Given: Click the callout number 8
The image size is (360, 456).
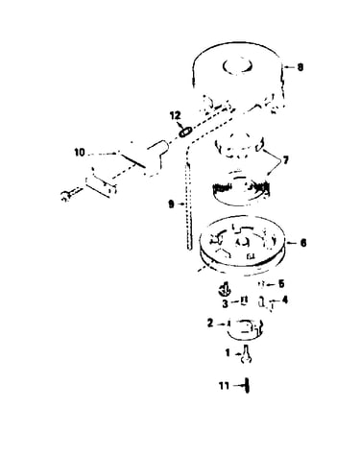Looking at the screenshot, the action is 300,67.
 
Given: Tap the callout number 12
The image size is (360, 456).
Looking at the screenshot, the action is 175,115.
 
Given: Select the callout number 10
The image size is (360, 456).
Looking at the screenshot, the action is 80,153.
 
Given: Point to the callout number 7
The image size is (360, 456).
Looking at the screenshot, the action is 284,160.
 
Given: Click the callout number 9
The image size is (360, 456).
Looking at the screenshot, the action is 172,204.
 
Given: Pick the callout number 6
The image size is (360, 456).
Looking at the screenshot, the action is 302,243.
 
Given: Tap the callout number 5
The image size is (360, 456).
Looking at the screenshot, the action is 281,283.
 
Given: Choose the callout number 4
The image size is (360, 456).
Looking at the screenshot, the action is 284,300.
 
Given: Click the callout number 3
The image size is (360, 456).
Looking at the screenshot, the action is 226,303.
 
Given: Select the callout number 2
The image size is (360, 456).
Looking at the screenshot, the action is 210,324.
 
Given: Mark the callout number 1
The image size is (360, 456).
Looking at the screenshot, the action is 228,353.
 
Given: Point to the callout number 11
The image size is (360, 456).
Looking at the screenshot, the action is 224,386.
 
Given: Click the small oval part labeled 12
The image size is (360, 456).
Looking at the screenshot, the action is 185,132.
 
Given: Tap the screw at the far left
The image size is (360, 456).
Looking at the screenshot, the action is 71,193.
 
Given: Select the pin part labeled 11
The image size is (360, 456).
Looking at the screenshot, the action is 247,385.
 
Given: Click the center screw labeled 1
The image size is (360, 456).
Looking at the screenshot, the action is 247,353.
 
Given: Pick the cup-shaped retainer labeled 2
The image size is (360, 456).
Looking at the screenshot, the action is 245,329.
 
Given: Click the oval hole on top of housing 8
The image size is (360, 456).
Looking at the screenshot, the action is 237,65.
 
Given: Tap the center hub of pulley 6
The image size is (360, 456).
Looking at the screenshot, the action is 242,242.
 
